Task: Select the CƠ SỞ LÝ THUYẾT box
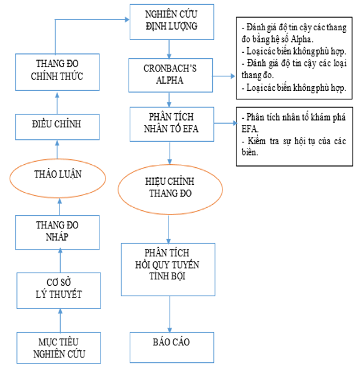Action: coord(58,289)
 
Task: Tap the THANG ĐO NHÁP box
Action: coord(59,231)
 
